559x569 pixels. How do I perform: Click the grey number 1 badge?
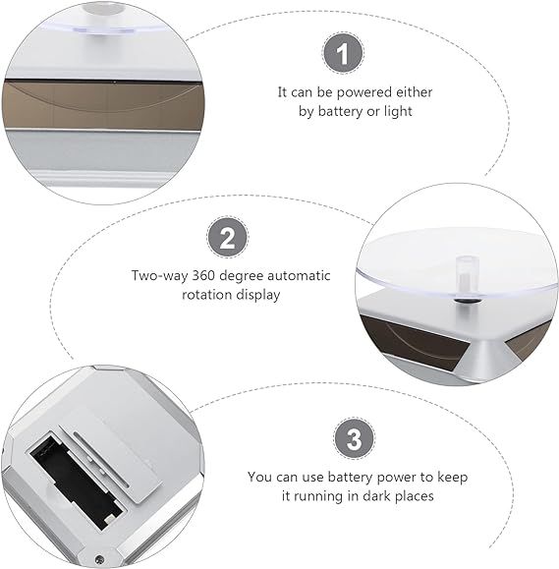coord(343,53)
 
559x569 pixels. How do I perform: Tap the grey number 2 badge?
coord(228,237)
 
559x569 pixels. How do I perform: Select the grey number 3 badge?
coord(354,438)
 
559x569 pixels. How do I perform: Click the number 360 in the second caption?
coord(204,276)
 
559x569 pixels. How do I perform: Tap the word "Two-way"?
coord(159,276)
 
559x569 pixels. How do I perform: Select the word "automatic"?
coord(299,276)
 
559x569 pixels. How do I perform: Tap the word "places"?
coord(415,496)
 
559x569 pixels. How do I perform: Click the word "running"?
coord(318,496)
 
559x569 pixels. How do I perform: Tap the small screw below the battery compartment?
coord(99,559)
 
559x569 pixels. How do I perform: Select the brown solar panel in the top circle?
coord(103,104)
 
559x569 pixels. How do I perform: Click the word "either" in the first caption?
coord(414,92)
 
